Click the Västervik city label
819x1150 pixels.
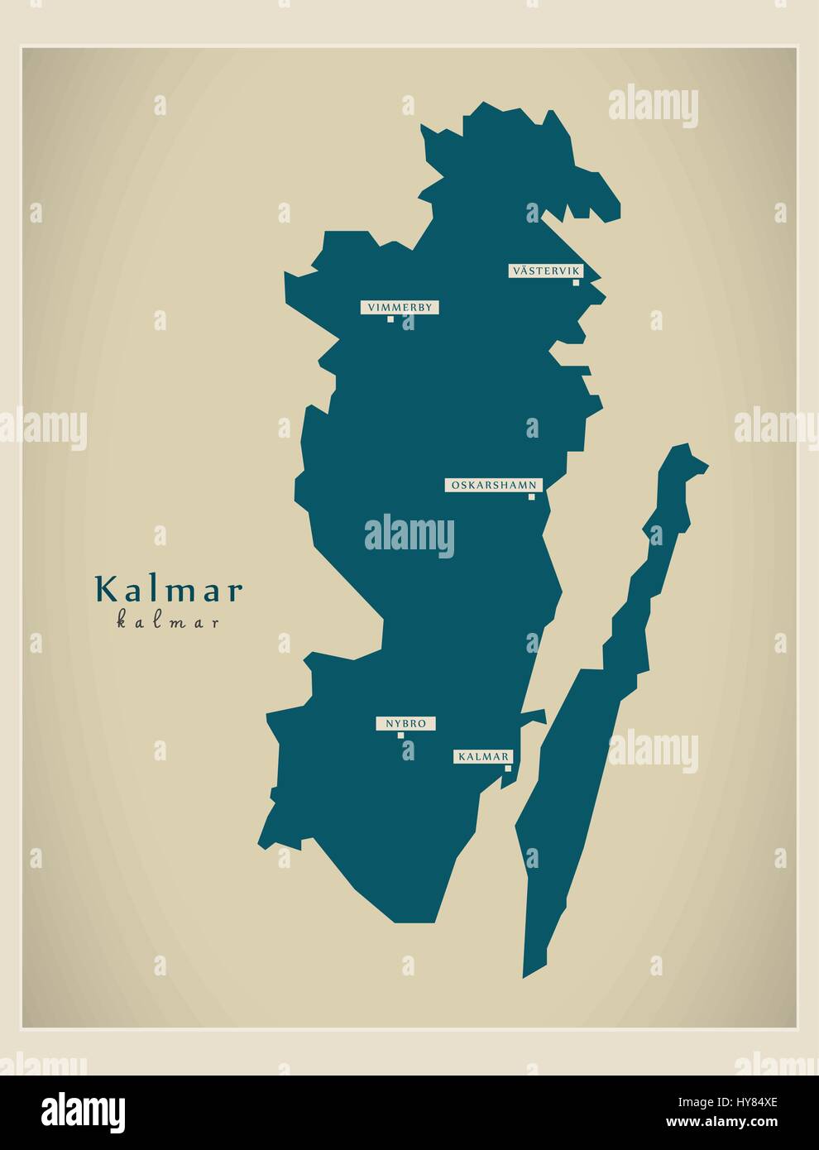(x=546, y=271)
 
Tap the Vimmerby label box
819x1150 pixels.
(x=400, y=307)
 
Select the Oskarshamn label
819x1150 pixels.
(x=493, y=486)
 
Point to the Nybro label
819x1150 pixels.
(x=405, y=723)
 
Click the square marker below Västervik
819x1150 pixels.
(x=576, y=282)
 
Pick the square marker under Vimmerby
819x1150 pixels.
(x=391, y=319)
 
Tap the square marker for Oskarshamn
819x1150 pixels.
(x=532, y=496)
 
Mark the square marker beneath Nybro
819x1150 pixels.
(x=400, y=735)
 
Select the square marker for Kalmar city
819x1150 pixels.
(x=508, y=768)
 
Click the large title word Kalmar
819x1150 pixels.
(x=170, y=590)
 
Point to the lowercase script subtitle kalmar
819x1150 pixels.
(x=169, y=622)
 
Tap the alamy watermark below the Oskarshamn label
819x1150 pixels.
(x=409, y=534)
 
